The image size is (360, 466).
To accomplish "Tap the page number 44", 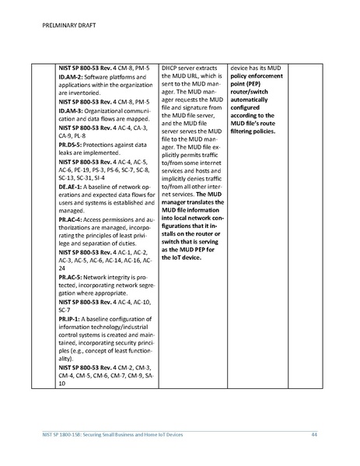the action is click(x=314, y=433).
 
